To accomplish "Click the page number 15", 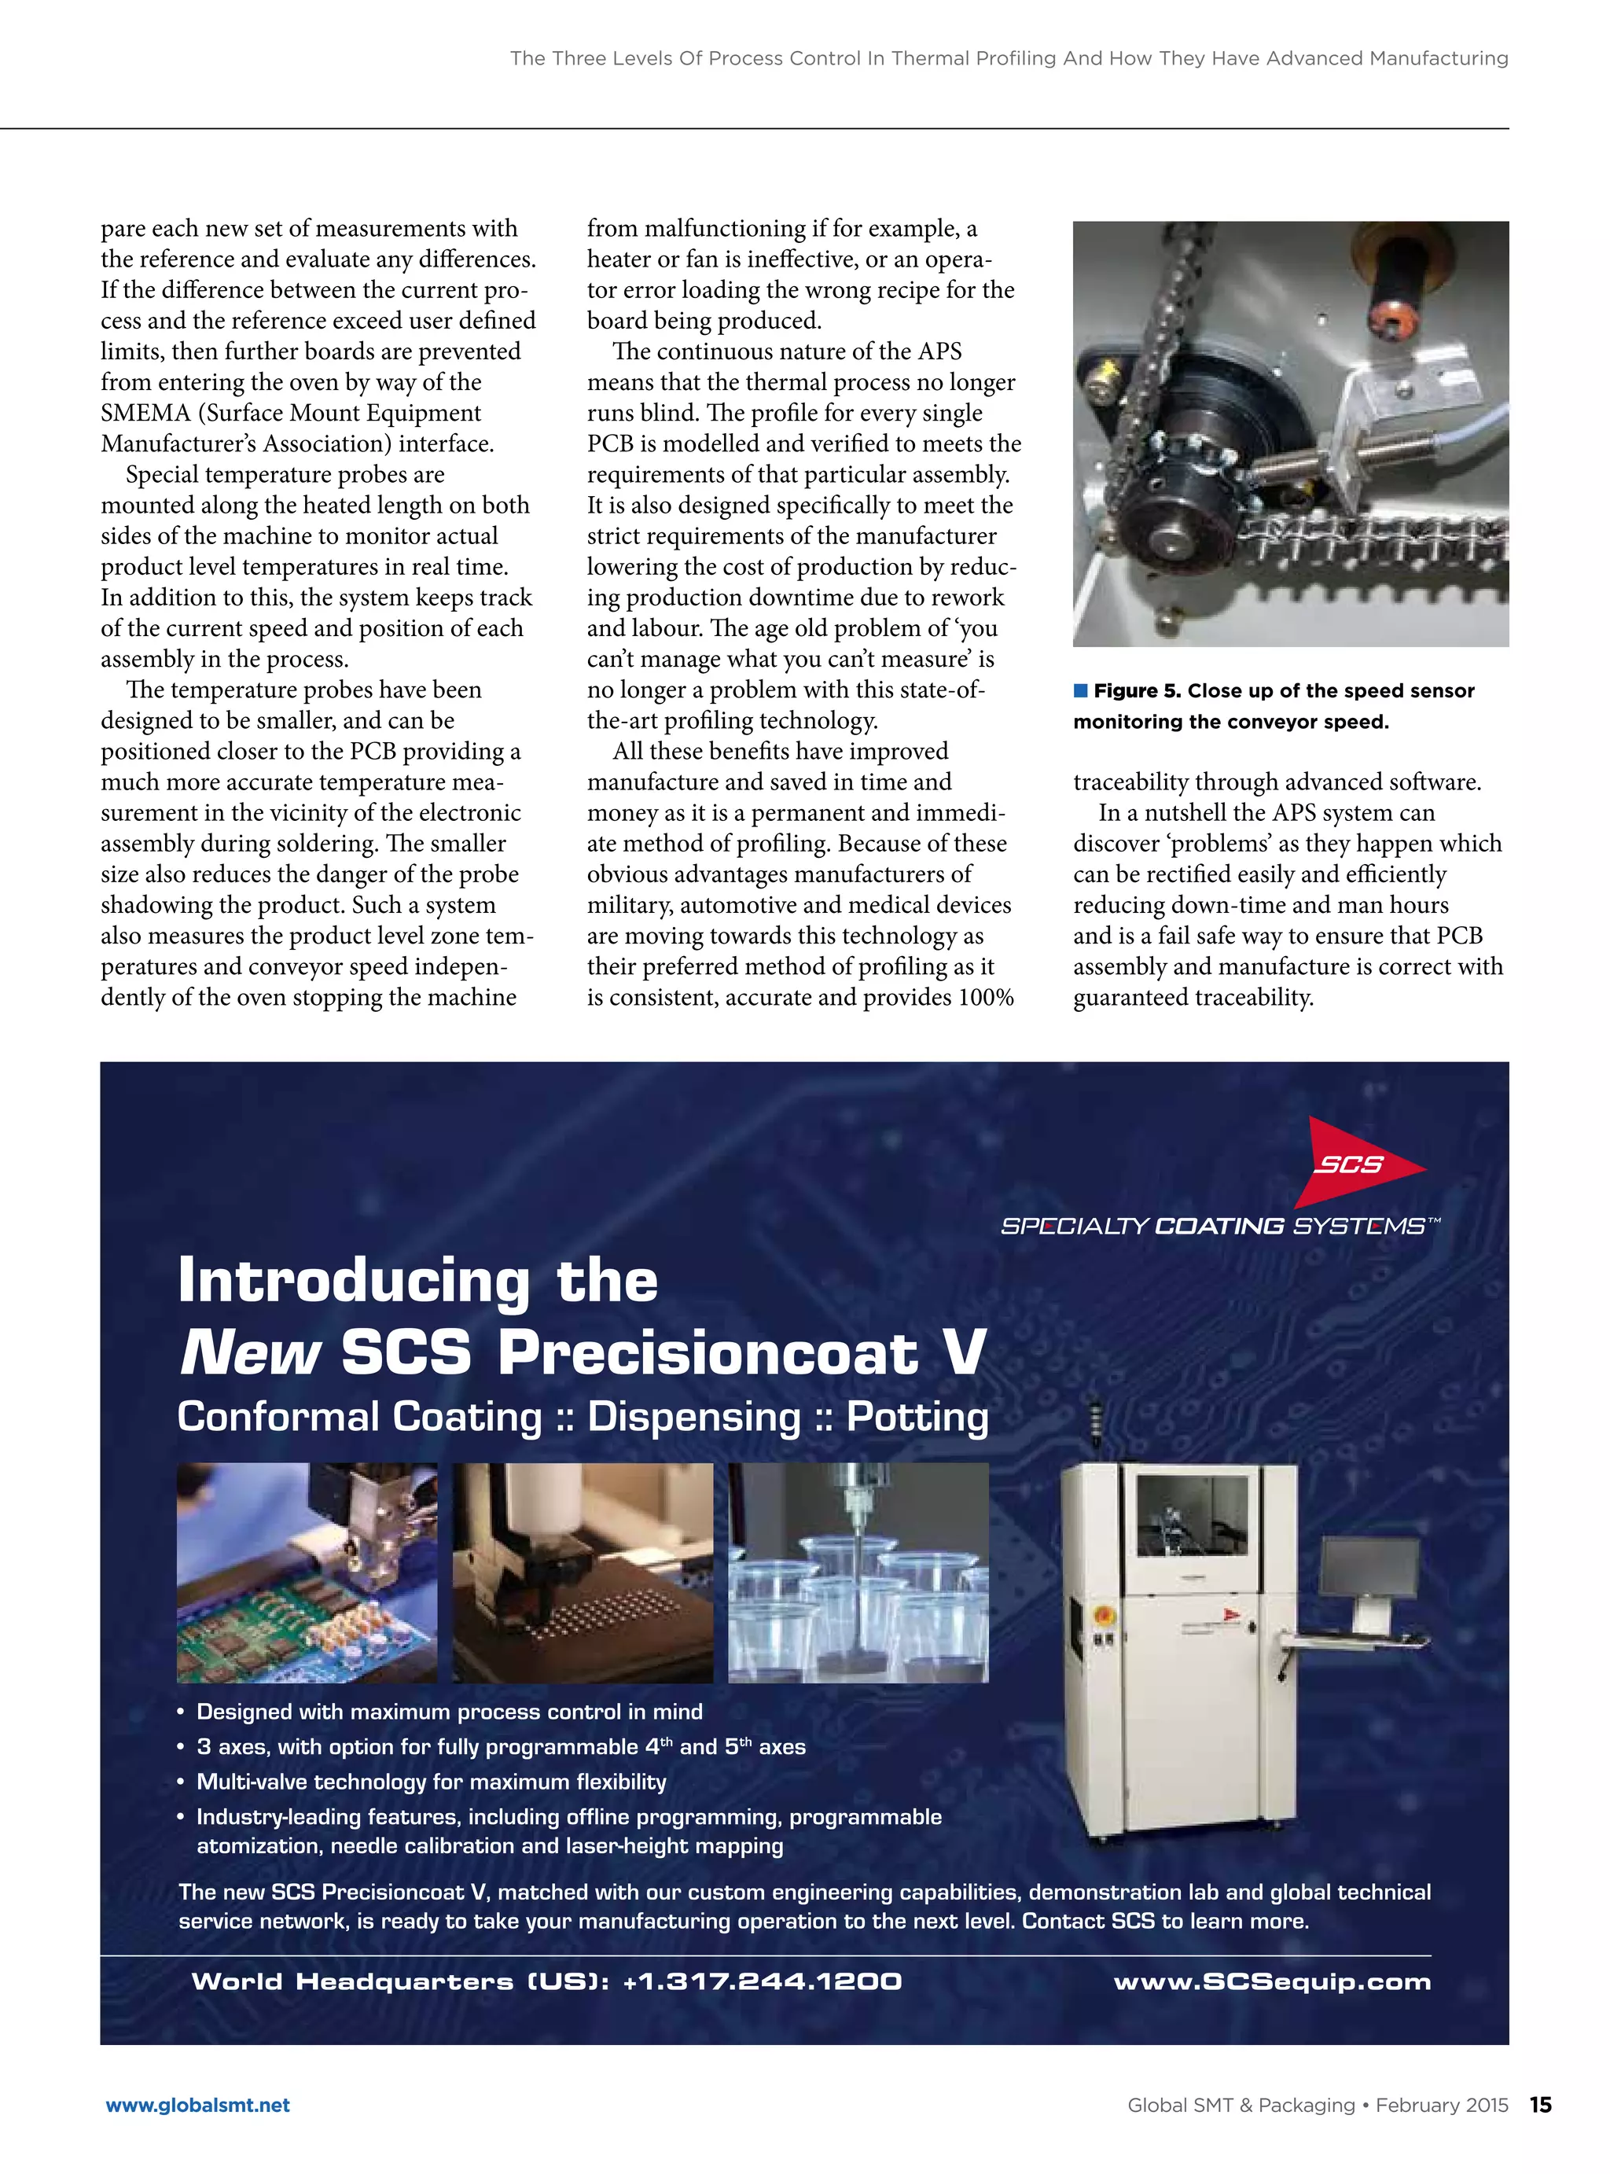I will [x=1540, y=2105].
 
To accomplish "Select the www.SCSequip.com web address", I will [x=1272, y=1981].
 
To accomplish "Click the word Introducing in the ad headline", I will [x=354, y=1281].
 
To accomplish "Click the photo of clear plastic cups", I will [x=858, y=1573].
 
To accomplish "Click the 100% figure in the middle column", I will [x=987, y=998].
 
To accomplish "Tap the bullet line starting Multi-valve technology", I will [x=431, y=1782].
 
